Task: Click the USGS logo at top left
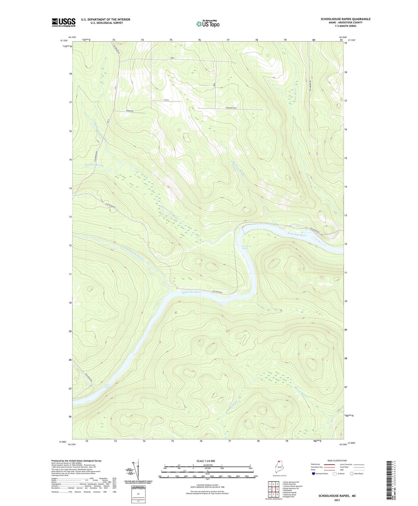64,22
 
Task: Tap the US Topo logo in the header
208,24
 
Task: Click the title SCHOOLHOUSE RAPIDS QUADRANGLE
345,19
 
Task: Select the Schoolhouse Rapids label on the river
245,247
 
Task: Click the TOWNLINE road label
130,111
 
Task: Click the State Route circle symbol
352,474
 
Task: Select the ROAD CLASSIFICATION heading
337,461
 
